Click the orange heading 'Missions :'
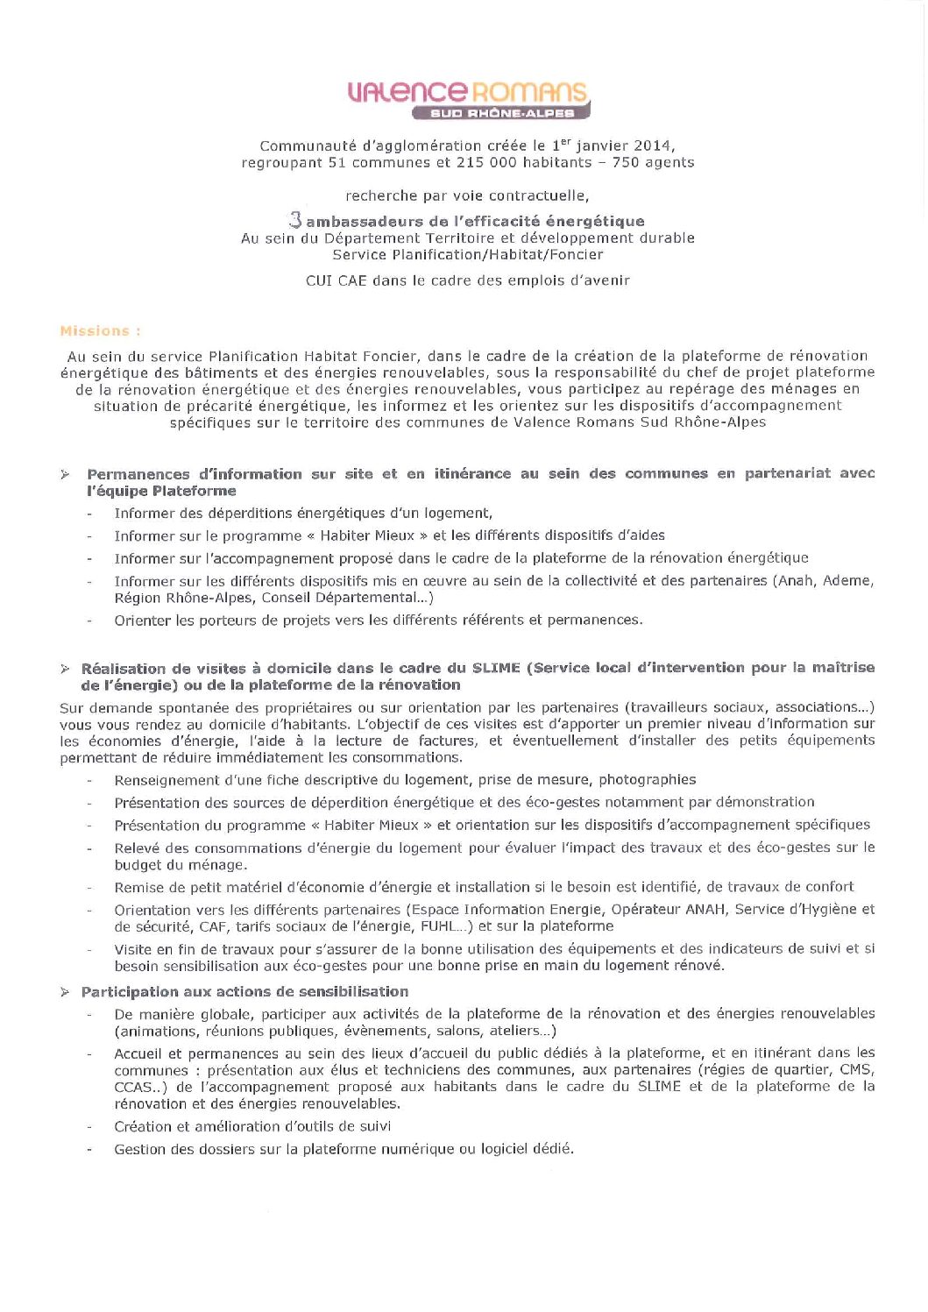click(100, 331)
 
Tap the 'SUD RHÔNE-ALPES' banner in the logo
click(502, 113)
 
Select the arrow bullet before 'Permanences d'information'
click(65, 474)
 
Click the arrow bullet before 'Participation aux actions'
click(65, 992)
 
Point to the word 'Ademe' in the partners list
click(847, 580)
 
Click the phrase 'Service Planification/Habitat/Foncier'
click(467, 255)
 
